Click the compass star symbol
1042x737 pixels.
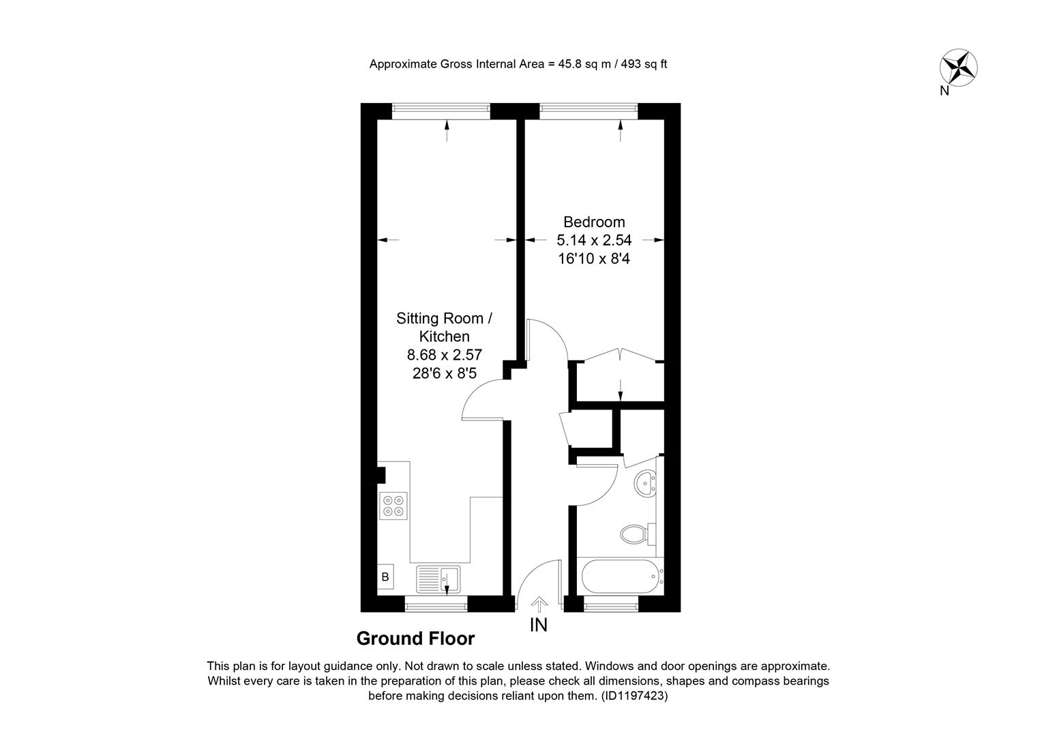pos(958,68)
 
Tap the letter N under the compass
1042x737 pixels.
pos(944,91)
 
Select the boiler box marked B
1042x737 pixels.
pos(385,577)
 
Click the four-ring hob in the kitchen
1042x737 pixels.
pos(393,506)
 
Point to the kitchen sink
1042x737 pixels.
pos(438,579)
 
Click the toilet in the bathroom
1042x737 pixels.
pos(638,534)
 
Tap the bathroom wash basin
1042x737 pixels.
pos(646,482)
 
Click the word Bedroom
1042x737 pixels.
pos(594,222)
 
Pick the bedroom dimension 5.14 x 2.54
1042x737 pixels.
pos(594,240)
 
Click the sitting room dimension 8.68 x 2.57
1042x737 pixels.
pos(444,355)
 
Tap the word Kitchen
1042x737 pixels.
pos(444,336)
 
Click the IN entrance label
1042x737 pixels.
pos(539,625)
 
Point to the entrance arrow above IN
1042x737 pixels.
pos(539,605)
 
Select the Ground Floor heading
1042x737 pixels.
pos(415,639)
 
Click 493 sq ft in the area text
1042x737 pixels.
pos(644,63)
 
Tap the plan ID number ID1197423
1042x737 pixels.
pos(634,696)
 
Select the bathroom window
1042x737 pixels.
pos(611,607)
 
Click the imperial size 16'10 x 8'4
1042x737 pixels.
pos(594,259)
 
